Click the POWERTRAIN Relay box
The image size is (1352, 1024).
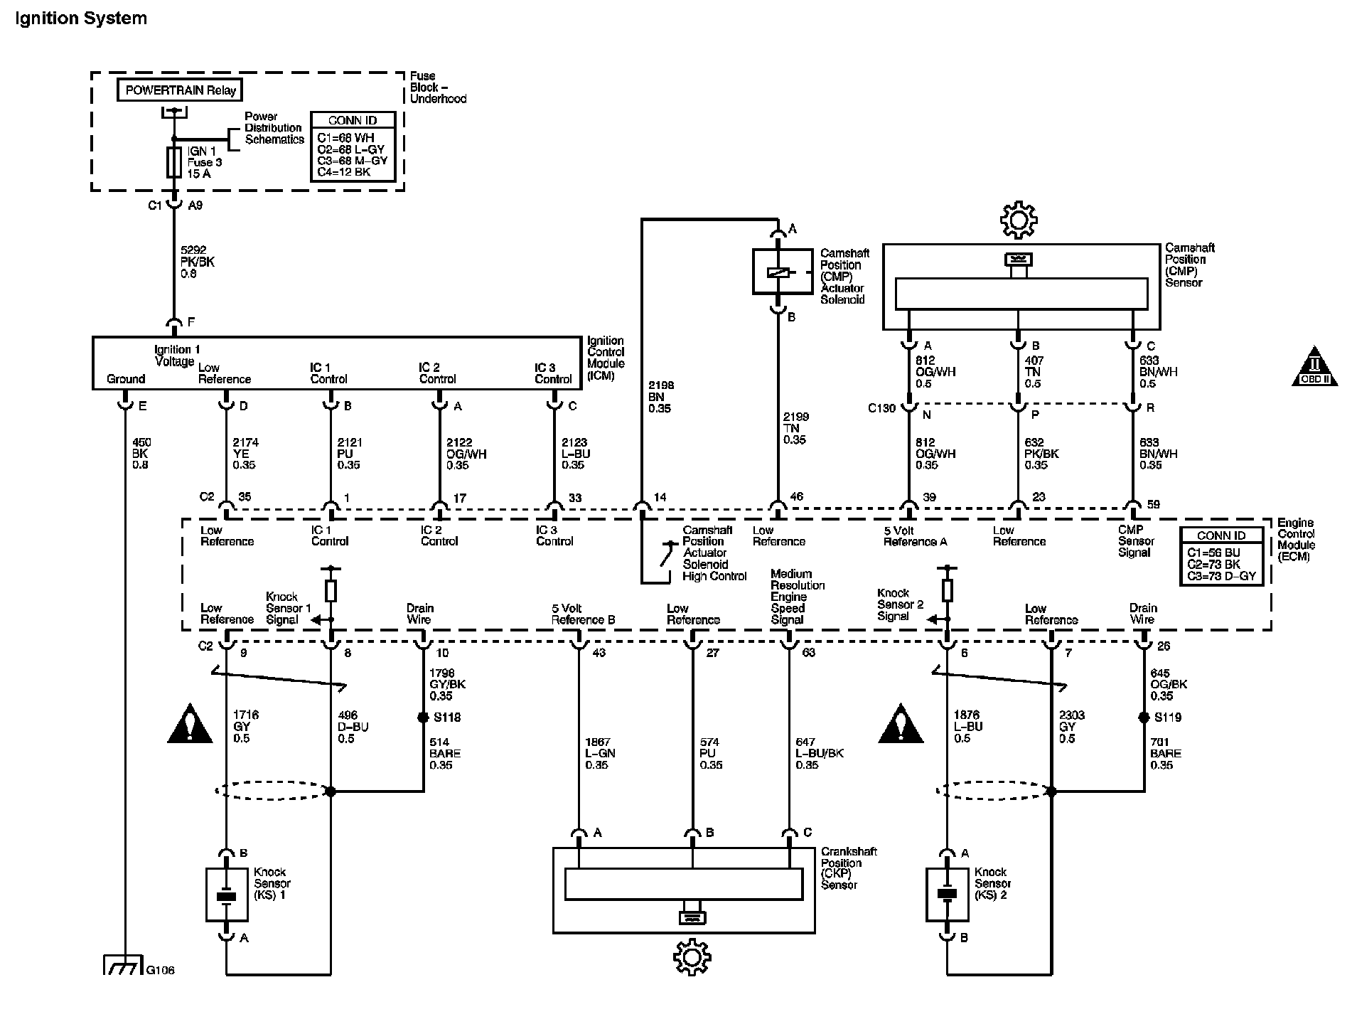180,90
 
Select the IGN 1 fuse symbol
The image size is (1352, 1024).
173,162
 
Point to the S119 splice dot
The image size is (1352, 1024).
1144,718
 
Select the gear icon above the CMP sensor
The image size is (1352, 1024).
1019,220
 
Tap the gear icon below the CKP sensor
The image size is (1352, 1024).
692,956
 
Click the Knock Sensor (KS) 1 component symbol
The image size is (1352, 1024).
227,895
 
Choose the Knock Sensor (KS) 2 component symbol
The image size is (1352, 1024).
947,895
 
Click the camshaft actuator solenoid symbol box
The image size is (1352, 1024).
782,271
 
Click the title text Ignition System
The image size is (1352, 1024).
81,18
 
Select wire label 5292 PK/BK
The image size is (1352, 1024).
198,262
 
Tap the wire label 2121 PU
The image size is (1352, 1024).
349,454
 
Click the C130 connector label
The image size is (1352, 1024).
882,409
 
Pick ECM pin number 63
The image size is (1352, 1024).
808,652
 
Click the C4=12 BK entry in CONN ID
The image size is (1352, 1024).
344,172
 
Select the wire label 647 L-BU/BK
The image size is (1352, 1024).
819,753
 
